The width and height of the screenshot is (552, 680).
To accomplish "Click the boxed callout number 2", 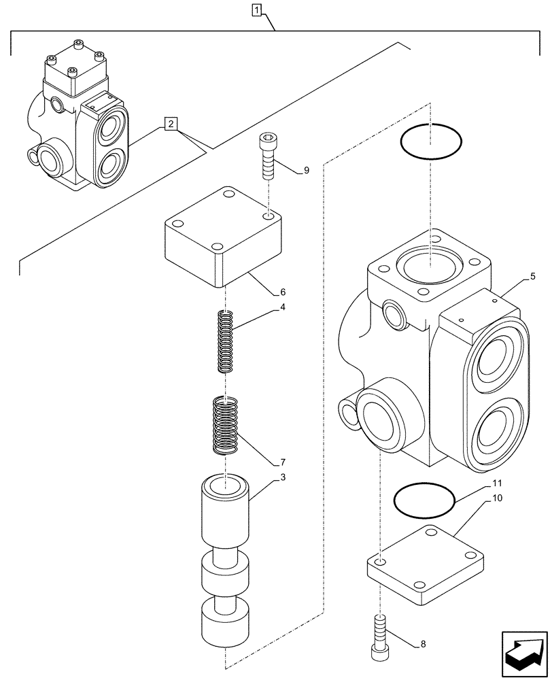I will tap(171, 124).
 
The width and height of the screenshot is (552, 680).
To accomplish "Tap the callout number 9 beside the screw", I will tap(306, 171).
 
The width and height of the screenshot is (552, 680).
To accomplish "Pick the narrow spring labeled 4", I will tap(226, 341).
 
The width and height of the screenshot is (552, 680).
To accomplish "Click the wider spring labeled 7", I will tap(225, 426).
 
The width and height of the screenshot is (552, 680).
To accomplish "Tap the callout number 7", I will tap(282, 462).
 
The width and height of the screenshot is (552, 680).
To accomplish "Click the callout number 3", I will tap(282, 477).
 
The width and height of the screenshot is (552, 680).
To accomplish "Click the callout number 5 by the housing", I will tap(532, 276).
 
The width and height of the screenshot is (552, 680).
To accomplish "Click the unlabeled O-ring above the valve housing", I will tap(432, 142).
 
